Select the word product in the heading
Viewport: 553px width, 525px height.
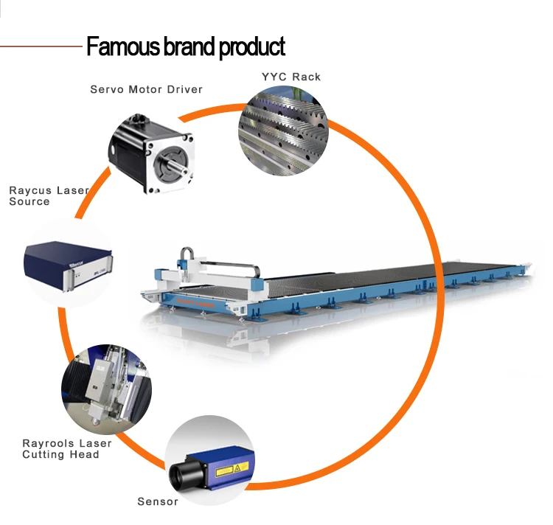(251, 46)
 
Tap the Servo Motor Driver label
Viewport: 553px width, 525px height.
(146, 89)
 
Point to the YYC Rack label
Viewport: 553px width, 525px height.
(291, 77)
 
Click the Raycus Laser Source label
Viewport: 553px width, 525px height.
(48, 195)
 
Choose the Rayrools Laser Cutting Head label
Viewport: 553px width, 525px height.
(66, 448)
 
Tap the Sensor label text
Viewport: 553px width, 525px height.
(158, 501)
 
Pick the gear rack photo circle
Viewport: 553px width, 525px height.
(282, 128)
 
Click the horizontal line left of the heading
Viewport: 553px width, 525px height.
(41, 46)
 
